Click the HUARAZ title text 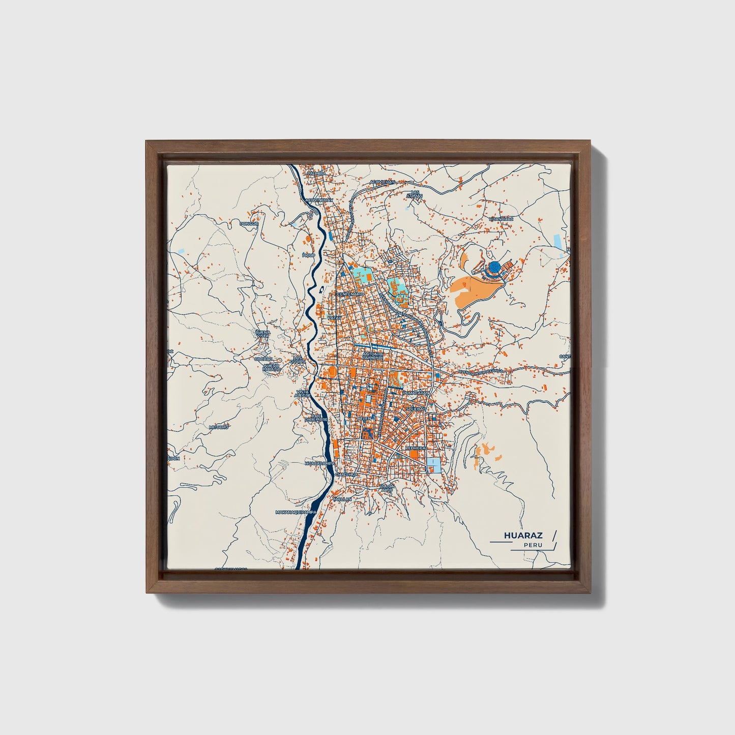click(523, 536)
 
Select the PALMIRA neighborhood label click(315, 173)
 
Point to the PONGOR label click(250, 224)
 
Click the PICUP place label click(308, 255)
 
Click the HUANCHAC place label click(501, 219)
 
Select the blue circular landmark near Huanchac click(494, 267)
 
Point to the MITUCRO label click(219, 427)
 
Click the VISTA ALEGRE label click(303, 394)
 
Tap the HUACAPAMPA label click(319, 464)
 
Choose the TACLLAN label click(342, 499)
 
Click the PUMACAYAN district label click(416, 394)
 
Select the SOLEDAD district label click(416, 408)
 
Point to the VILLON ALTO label click(386, 488)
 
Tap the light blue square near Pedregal click(434, 464)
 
